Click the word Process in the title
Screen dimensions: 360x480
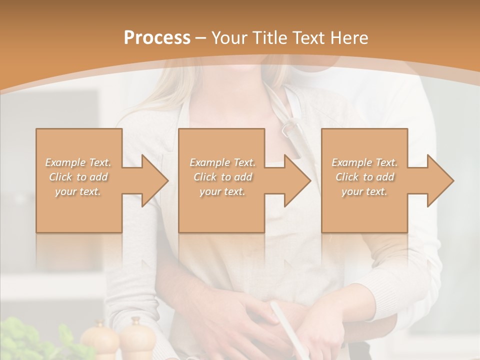tap(157, 38)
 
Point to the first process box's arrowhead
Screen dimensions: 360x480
tap(154, 180)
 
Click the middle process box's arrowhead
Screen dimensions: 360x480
tap(297, 180)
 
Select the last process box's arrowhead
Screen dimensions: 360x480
tap(440, 180)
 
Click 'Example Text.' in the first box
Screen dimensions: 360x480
tap(78, 162)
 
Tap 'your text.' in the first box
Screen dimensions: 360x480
tap(78, 191)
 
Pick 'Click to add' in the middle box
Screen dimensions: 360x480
tap(222, 177)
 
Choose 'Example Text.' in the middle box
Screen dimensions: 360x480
tap(222, 162)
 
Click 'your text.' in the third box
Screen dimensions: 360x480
tap(364, 191)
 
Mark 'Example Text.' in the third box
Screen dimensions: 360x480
tap(364, 162)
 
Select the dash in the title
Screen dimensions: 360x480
tap(201, 38)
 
